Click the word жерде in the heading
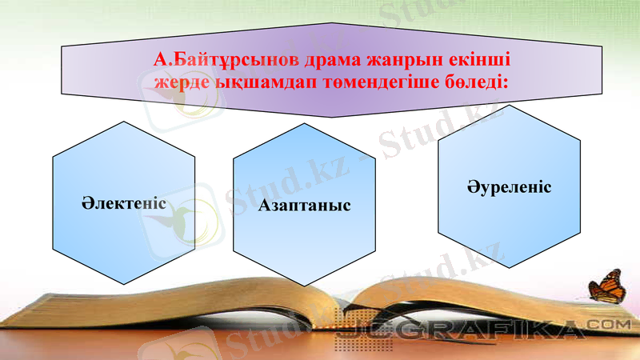tap(180, 82)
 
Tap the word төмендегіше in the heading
tap(375, 82)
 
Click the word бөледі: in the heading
tap(473, 82)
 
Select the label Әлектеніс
tap(123, 202)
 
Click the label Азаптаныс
tap(305, 206)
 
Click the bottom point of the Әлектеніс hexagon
tap(123, 285)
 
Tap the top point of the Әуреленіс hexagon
tap(509, 106)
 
